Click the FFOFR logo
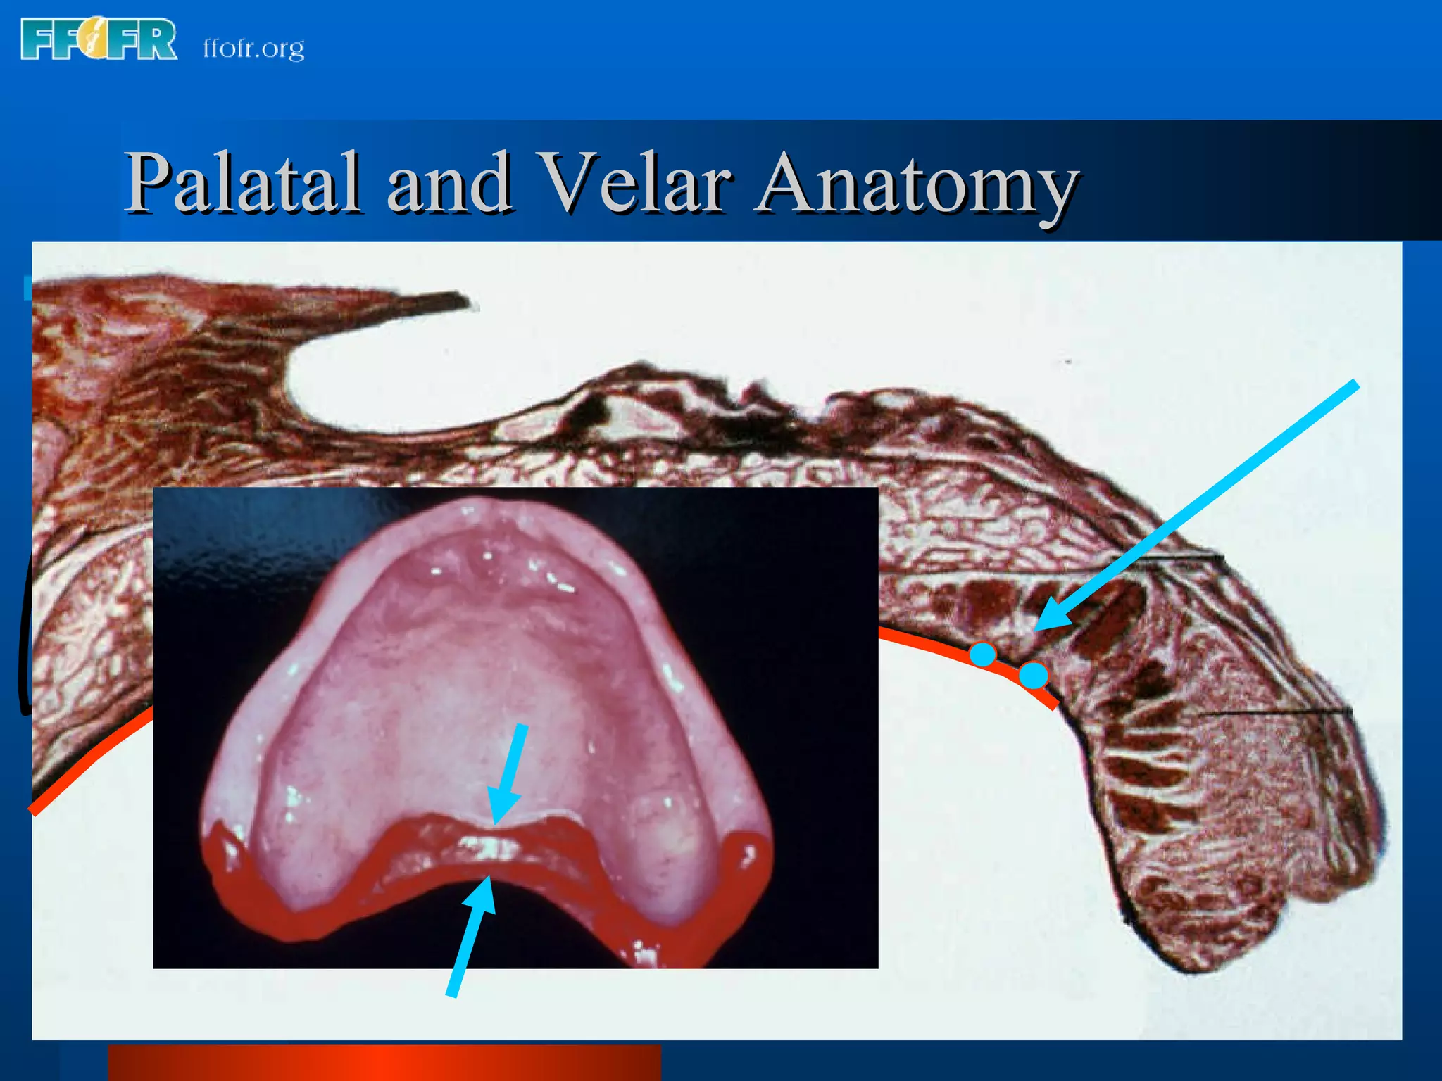[99, 40]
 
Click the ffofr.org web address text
[253, 48]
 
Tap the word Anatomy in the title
[915, 184]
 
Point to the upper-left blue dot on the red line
[983, 654]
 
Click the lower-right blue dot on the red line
[1033, 676]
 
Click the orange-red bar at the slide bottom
[384, 1062]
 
